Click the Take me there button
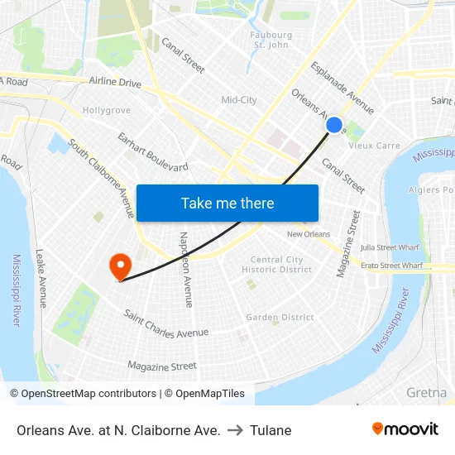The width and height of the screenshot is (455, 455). tap(227, 203)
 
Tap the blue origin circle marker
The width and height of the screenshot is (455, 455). tap(334, 125)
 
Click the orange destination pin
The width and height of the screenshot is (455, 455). tap(121, 266)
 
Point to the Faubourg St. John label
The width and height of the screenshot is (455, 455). tap(271, 41)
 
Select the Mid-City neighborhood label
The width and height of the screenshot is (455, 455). tap(239, 100)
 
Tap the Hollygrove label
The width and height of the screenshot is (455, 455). tap(107, 110)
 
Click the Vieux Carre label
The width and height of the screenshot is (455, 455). tap(374, 146)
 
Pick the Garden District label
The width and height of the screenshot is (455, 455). tap(280, 317)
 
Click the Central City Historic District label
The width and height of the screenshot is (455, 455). tap(281, 265)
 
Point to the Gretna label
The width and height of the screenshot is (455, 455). tap(427, 392)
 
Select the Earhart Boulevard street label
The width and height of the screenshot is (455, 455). tap(153, 151)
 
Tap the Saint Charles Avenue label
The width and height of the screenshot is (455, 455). tap(165, 323)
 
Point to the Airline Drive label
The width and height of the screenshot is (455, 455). tap(116, 83)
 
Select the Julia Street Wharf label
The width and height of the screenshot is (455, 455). tap(390, 247)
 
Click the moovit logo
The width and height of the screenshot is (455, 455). tap(405, 429)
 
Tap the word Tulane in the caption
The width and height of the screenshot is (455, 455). tap(271, 430)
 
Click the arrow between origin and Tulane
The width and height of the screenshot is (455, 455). tap(236, 430)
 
